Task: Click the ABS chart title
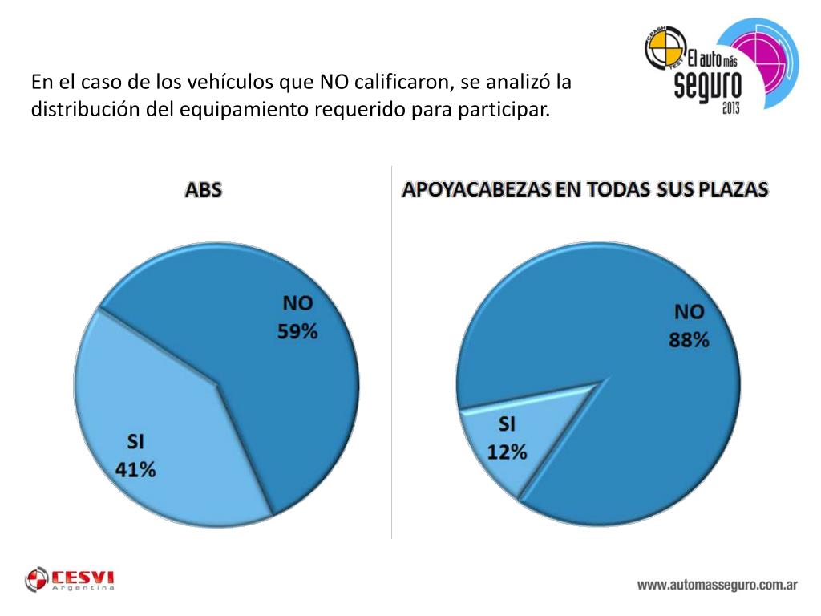tap(203, 190)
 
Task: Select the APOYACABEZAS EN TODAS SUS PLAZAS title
tap(584, 190)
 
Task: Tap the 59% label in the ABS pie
tap(297, 330)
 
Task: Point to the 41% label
tap(135, 469)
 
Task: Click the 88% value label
tap(690, 340)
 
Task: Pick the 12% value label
tap(508, 452)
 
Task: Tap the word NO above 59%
tap(297, 303)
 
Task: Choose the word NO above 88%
tap(689, 312)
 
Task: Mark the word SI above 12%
tap(508, 423)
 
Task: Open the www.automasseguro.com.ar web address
tap(717, 585)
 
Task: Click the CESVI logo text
tap(83, 577)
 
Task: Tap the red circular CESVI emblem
tap(37, 579)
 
